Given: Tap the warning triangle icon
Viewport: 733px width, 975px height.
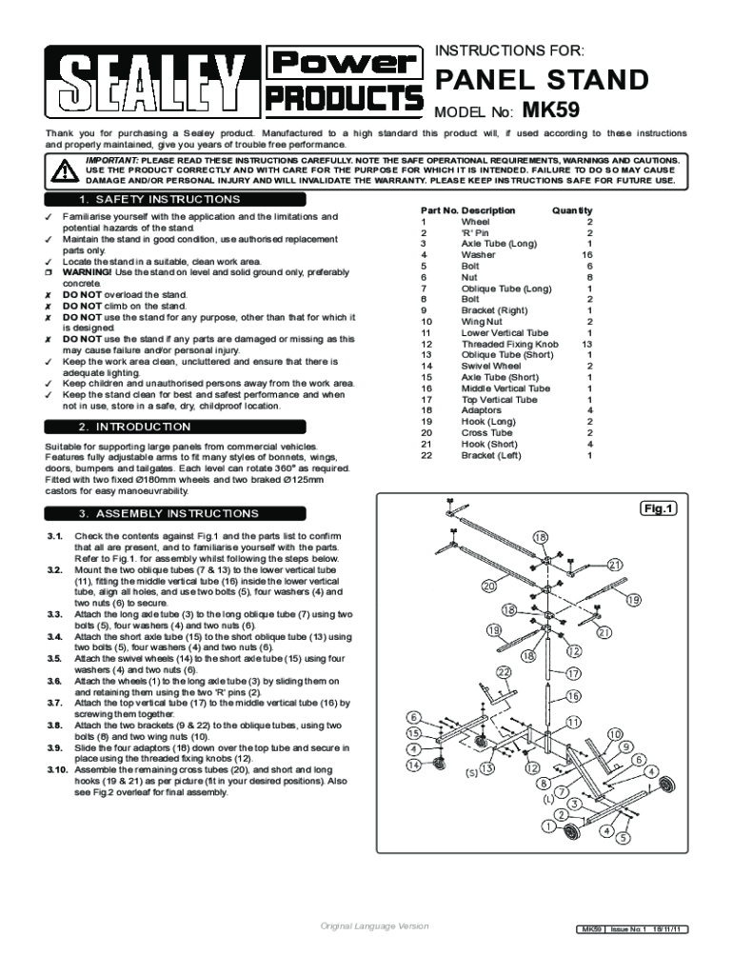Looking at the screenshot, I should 63,170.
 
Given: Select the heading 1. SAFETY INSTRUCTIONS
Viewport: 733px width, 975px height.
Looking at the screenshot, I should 159,200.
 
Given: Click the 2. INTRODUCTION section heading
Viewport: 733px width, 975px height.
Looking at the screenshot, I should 134,428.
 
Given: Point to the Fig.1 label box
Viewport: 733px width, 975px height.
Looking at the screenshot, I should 658,508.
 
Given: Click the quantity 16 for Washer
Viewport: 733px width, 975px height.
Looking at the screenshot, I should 586,254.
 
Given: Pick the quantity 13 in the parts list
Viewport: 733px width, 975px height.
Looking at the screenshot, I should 586,344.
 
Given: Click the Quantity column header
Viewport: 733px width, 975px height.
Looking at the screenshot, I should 571,210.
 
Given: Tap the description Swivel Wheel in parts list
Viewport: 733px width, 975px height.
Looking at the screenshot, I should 491,366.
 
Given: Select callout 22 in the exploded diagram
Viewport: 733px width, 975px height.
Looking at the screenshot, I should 504,672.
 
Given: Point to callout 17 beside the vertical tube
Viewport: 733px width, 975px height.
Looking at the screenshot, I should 573,673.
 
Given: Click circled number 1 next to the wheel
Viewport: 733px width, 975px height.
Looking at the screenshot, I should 547,826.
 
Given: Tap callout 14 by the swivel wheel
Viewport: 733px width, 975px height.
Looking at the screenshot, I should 414,764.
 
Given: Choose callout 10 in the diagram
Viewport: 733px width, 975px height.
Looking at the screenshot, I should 615,733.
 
